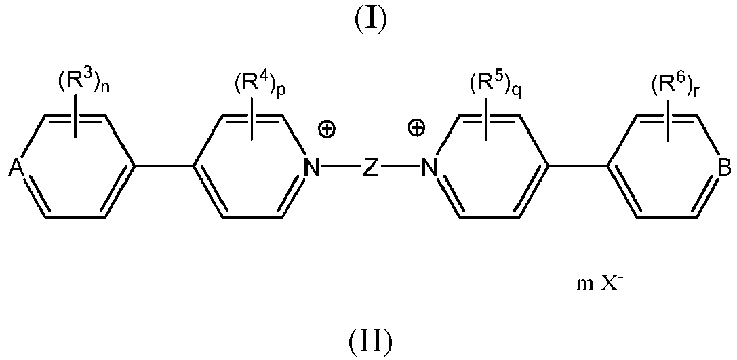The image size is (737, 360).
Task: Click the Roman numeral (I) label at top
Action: tap(370, 20)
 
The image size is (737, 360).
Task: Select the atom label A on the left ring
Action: tap(16, 167)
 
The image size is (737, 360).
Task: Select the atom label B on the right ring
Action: tap(723, 167)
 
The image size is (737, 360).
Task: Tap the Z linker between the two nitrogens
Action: tap(370, 167)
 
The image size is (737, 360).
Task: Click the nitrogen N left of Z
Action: tap(311, 167)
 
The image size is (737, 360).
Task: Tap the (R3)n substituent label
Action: tap(80, 86)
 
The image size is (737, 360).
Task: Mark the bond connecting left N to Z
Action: tap(340, 167)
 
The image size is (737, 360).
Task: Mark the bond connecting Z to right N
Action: tap(399, 167)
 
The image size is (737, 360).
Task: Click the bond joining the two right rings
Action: tap(577, 167)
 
